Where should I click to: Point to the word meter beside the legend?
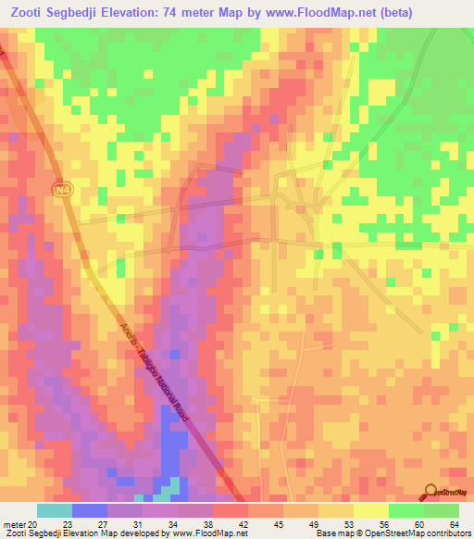click(14, 524)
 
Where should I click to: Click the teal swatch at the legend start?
click(55, 510)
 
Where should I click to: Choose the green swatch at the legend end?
click(442, 510)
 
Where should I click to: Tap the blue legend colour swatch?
click(90, 510)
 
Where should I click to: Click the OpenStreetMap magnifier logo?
click(431, 492)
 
